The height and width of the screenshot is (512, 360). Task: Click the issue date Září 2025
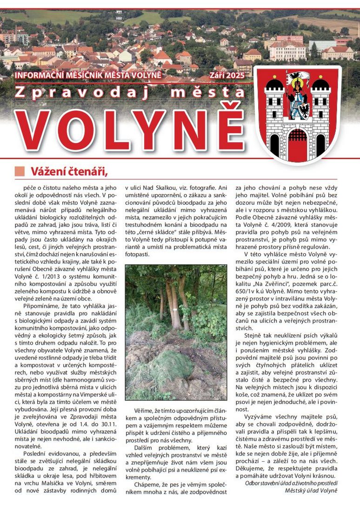click(x=227, y=74)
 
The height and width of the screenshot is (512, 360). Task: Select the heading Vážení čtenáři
click(x=68, y=171)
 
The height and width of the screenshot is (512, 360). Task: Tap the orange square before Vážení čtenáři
click(x=20, y=171)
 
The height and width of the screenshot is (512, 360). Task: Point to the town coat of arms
click(x=298, y=114)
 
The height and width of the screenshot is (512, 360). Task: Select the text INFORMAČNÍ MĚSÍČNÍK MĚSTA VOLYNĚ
click(x=88, y=75)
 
